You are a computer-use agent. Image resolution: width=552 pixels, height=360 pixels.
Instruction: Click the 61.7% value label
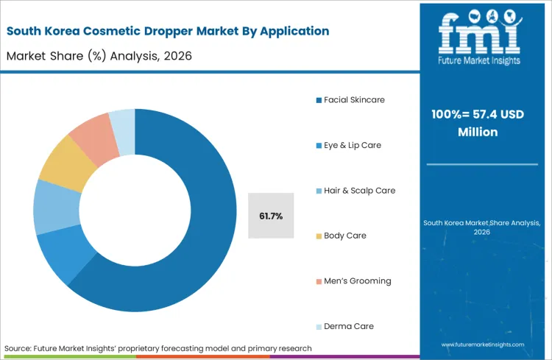click(x=272, y=216)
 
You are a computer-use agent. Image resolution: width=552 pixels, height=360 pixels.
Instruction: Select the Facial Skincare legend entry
click(x=353, y=99)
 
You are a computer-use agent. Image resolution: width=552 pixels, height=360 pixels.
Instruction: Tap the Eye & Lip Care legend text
click(x=352, y=145)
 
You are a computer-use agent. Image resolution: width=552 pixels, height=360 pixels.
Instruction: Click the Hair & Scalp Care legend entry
click(x=358, y=190)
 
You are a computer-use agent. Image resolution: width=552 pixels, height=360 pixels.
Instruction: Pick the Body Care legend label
click(x=344, y=236)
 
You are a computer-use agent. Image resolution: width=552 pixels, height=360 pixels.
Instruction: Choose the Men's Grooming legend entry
click(x=357, y=280)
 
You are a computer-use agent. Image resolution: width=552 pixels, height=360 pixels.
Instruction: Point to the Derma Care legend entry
click(x=348, y=326)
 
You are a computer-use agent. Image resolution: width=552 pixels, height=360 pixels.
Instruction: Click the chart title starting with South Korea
click(x=167, y=31)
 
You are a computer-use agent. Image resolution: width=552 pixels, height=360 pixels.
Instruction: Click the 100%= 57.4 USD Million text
click(x=479, y=123)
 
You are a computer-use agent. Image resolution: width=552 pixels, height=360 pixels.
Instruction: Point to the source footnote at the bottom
click(x=158, y=347)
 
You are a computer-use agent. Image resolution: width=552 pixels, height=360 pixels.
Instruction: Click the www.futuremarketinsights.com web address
click(x=484, y=345)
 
